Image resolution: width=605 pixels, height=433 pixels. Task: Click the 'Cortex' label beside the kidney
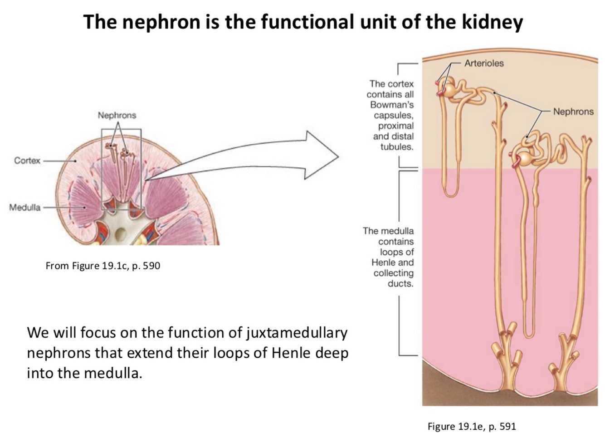coord(27,161)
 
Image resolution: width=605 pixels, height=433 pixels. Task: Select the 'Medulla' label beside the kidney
coord(25,208)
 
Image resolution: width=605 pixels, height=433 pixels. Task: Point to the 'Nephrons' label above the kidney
coord(117,115)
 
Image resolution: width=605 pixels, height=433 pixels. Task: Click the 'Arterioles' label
coord(484,63)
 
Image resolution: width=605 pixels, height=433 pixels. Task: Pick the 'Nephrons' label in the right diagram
coord(573,112)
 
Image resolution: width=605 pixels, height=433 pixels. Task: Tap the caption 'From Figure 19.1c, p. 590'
coord(103,266)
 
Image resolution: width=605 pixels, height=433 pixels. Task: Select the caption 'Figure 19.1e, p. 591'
coord(472,426)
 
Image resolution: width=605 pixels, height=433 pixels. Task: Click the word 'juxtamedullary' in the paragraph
coord(297,333)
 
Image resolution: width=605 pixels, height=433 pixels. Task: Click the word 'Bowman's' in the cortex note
coord(392,105)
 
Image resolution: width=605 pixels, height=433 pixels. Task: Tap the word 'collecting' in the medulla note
coord(393,273)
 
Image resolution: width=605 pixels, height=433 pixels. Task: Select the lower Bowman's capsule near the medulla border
coord(525,159)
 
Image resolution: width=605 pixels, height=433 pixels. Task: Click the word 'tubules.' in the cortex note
coord(397,147)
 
